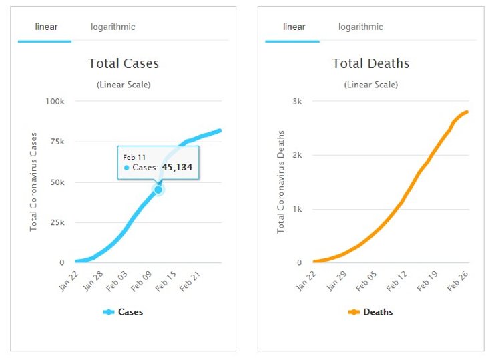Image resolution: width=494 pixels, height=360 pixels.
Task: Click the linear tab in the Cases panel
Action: tap(46, 27)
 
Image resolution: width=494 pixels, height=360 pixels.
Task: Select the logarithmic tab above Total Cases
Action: tap(113, 27)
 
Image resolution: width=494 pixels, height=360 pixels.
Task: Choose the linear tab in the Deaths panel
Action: tap(294, 27)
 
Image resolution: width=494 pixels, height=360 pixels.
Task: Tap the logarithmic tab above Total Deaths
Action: tap(360, 27)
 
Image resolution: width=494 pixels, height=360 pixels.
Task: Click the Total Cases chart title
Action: tap(123, 64)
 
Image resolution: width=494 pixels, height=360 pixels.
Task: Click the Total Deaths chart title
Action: tap(370, 64)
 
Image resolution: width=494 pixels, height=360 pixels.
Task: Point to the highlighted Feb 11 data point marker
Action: tap(158, 190)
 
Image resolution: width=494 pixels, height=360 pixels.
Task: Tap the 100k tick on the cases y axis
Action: tap(54, 102)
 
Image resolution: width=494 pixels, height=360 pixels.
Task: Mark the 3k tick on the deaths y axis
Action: tap(297, 102)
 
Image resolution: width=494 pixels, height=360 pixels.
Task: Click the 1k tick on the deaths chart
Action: tap(297, 209)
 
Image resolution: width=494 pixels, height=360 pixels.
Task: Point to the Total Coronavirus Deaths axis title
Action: tap(281, 182)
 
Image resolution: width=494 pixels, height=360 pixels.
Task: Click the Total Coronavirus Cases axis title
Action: tap(34, 182)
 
